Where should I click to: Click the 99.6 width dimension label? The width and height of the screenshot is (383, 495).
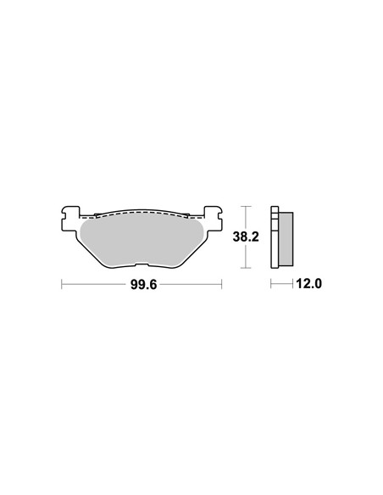(143, 285)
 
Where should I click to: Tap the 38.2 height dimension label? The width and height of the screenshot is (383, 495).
(246, 236)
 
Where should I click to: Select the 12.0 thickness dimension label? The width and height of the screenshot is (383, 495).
(309, 284)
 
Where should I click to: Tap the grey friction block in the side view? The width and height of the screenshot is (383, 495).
(286, 238)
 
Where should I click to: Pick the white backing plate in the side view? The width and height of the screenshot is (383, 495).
(275, 237)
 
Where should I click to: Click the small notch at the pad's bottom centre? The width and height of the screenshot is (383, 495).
(142, 265)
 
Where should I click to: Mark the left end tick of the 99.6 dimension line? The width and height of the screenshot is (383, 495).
(62, 284)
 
